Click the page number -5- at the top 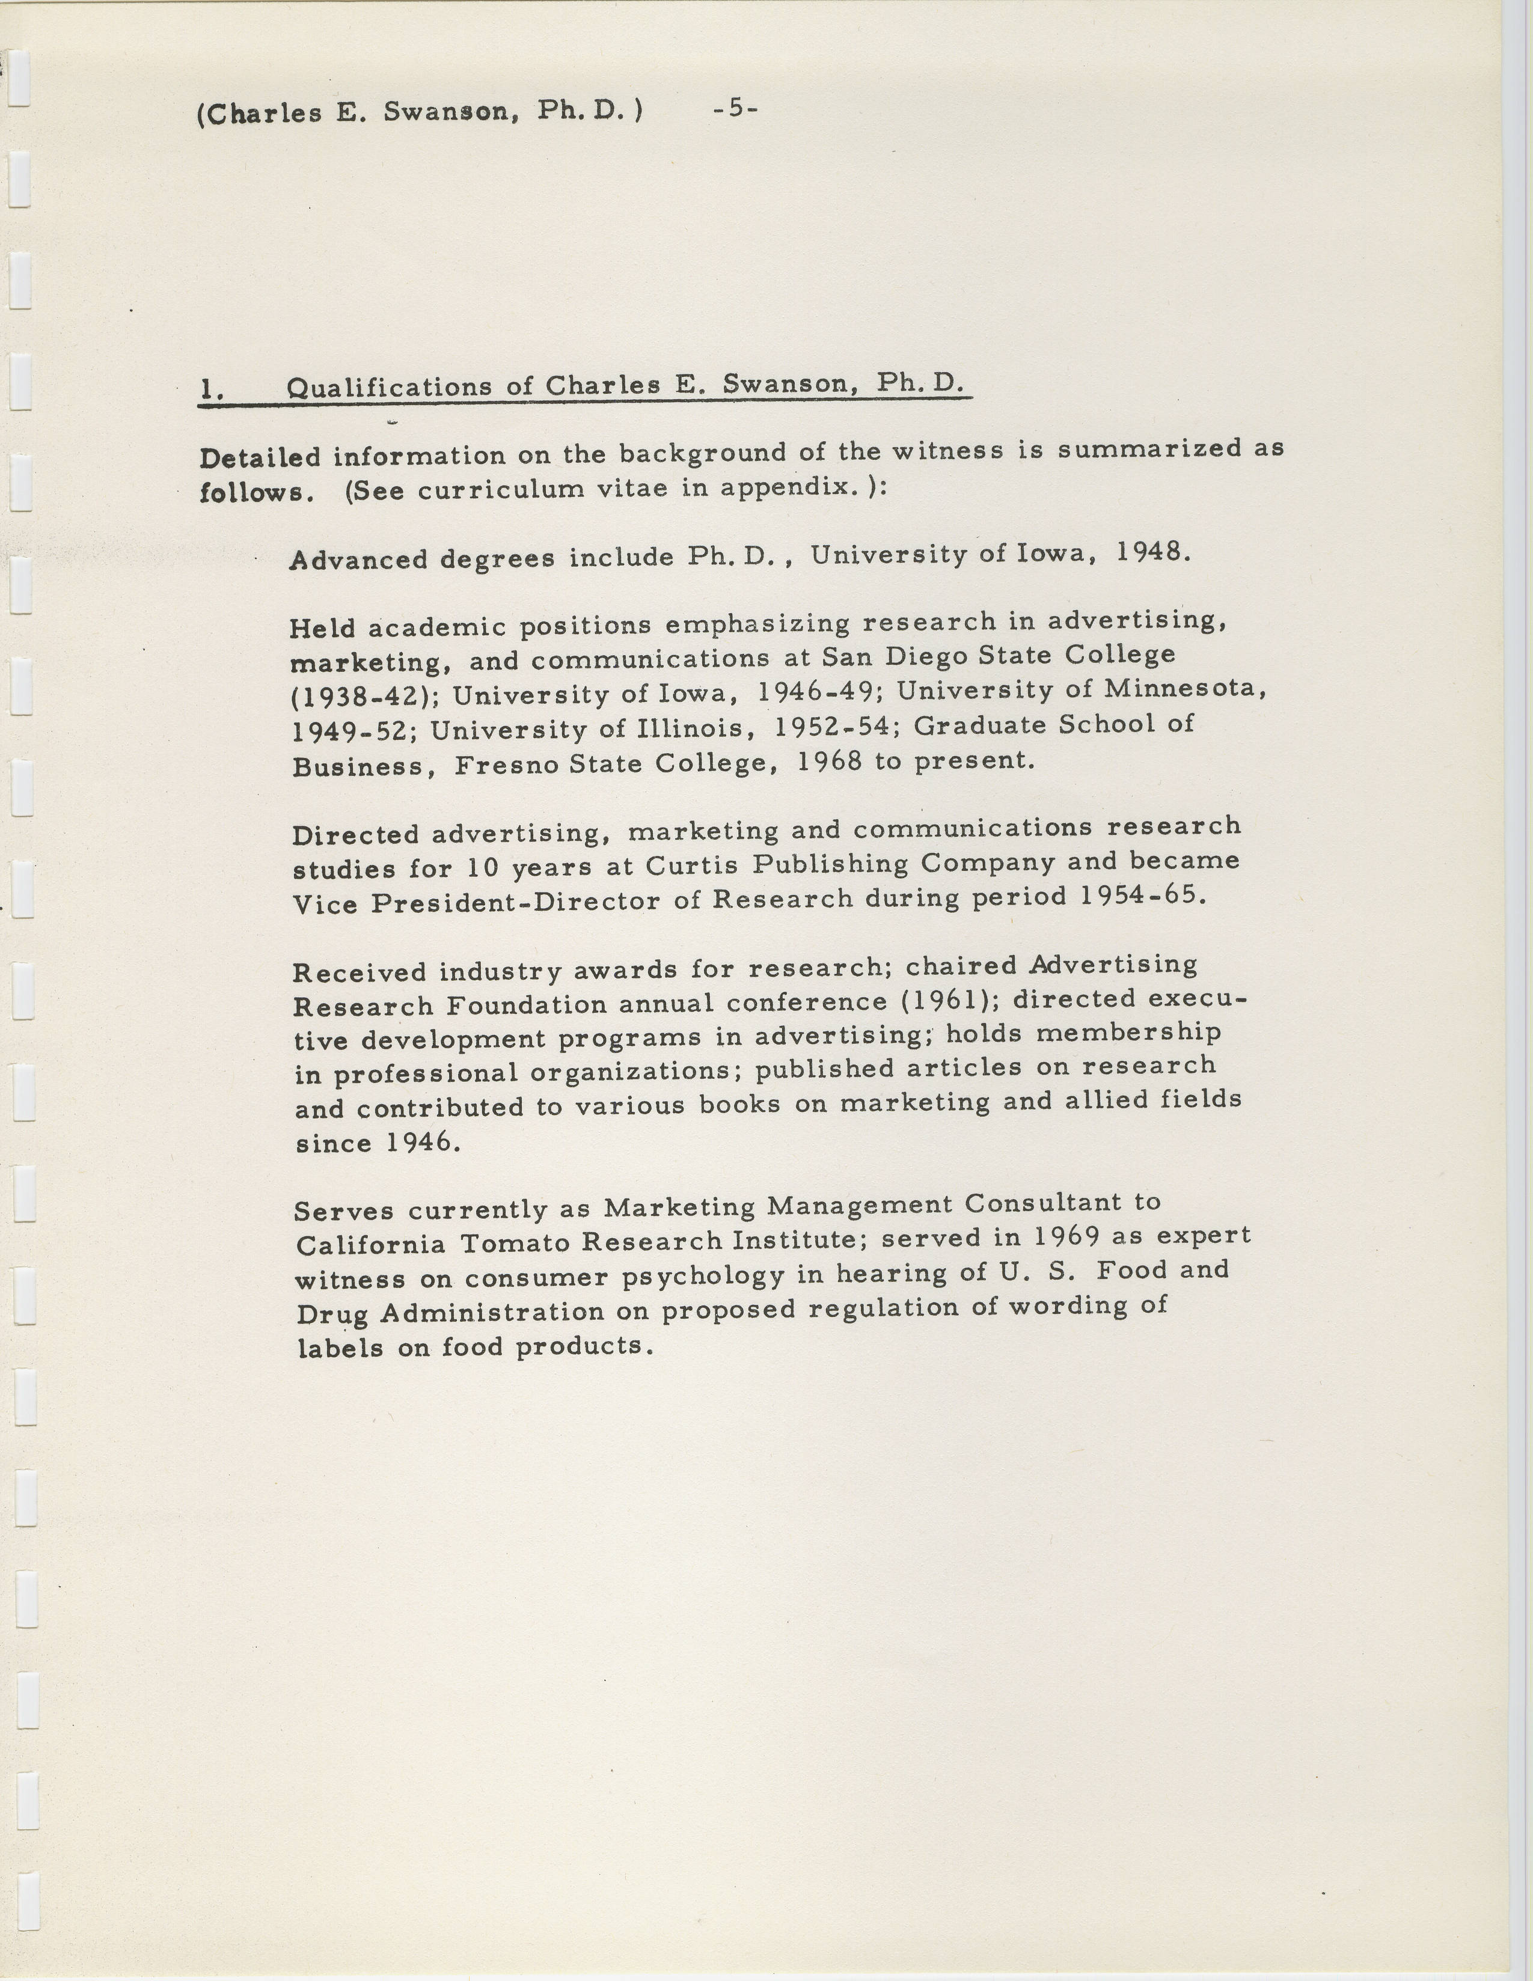(735, 108)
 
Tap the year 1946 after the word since (424, 1141)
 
